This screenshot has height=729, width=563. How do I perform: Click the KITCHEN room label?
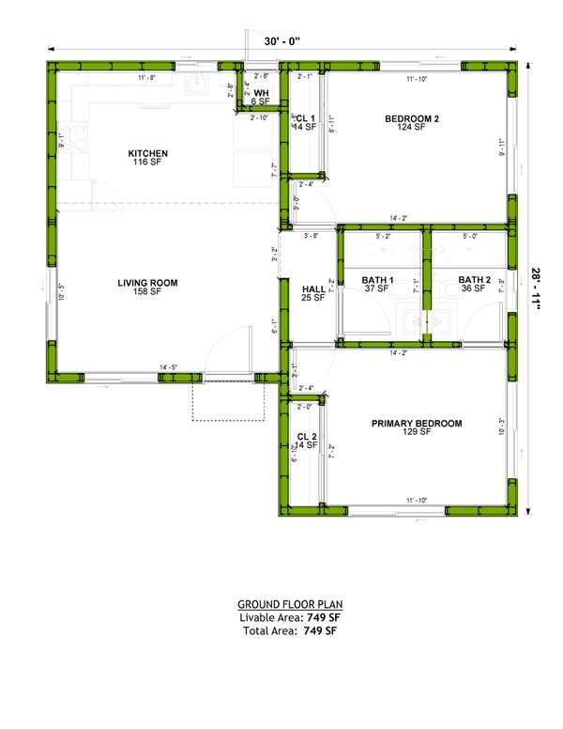coord(148,153)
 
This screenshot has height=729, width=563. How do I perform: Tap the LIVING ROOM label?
coord(147,282)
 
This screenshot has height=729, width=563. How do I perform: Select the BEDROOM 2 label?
coord(412,118)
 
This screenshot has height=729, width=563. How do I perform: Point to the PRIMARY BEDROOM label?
coord(417,424)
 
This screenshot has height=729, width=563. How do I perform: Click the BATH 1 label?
coord(378,279)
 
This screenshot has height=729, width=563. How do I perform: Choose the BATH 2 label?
coord(475,279)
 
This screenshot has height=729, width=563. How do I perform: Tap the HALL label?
coord(313,288)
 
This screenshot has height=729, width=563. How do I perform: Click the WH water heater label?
coord(262,92)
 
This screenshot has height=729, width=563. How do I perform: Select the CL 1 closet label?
coord(306,118)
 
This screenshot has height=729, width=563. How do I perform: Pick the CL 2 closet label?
coord(306,437)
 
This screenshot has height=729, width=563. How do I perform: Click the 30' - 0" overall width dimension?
coord(281,41)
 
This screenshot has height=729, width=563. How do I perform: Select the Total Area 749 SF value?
coord(319,631)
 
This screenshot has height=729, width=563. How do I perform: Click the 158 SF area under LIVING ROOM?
coord(147,292)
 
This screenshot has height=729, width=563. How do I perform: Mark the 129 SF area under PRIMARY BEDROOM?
coord(417,433)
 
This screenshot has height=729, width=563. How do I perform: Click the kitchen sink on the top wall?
coord(198,87)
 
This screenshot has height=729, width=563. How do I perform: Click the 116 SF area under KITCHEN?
coord(148,163)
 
